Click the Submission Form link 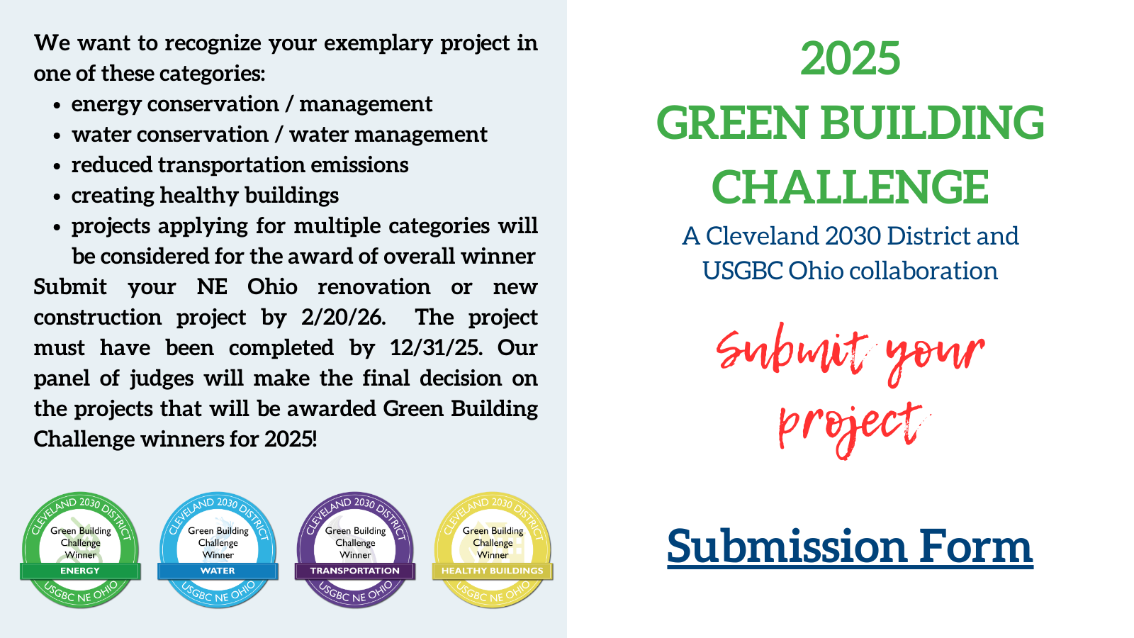pyautogui.click(x=850, y=547)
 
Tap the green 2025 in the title pyautogui.click(x=850, y=58)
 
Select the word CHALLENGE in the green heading pyautogui.click(x=850, y=187)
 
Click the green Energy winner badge pyautogui.click(x=81, y=550)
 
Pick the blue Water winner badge pyautogui.click(x=218, y=550)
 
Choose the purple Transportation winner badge pyautogui.click(x=355, y=550)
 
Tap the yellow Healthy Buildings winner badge pyautogui.click(x=493, y=550)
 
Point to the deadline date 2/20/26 pyautogui.click(x=343, y=318)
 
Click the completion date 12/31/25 pyautogui.click(x=436, y=348)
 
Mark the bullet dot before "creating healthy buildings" pyautogui.click(x=57, y=197)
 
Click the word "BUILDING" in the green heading pyautogui.click(x=932, y=123)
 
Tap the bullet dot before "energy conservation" pyautogui.click(x=57, y=106)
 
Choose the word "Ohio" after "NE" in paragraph pyautogui.click(x=272, y=286)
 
